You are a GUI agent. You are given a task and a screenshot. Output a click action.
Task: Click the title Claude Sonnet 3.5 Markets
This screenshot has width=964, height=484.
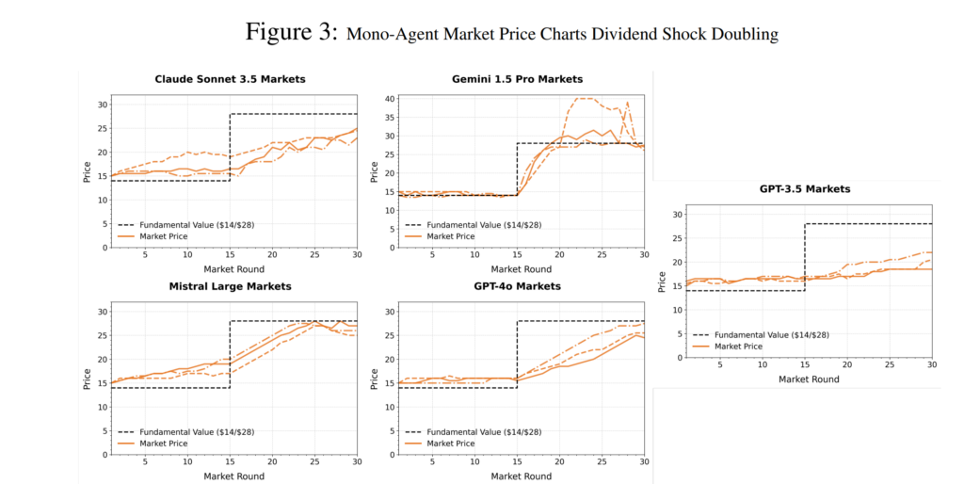(230, 79)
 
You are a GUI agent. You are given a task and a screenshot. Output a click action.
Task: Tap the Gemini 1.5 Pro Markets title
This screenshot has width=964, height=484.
(517, 79)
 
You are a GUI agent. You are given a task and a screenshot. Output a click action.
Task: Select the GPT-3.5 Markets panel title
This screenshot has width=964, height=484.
(804, 189)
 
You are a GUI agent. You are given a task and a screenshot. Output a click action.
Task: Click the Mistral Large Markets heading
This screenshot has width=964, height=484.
(230, 285)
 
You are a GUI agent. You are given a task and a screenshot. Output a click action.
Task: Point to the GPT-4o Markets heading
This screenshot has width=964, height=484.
(517, 285)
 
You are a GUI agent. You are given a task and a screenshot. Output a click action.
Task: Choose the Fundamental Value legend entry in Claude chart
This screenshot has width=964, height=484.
(197, 226)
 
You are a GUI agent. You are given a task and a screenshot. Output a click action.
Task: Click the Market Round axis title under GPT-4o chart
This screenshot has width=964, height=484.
(517, 476)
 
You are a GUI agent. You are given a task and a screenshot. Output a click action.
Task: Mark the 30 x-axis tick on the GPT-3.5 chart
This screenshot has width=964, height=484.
(931, 365)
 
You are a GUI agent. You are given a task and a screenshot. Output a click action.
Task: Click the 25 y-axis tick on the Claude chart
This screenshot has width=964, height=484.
(104, 127)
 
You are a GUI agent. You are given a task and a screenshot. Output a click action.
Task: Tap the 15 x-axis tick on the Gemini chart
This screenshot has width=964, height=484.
(517, 255)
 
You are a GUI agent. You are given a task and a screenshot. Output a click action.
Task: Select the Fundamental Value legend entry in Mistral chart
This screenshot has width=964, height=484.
(197, 432)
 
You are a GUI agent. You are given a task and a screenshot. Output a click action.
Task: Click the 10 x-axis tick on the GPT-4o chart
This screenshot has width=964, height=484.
(474, 461)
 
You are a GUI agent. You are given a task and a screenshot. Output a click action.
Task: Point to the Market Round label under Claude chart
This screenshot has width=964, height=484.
(230, 269)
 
